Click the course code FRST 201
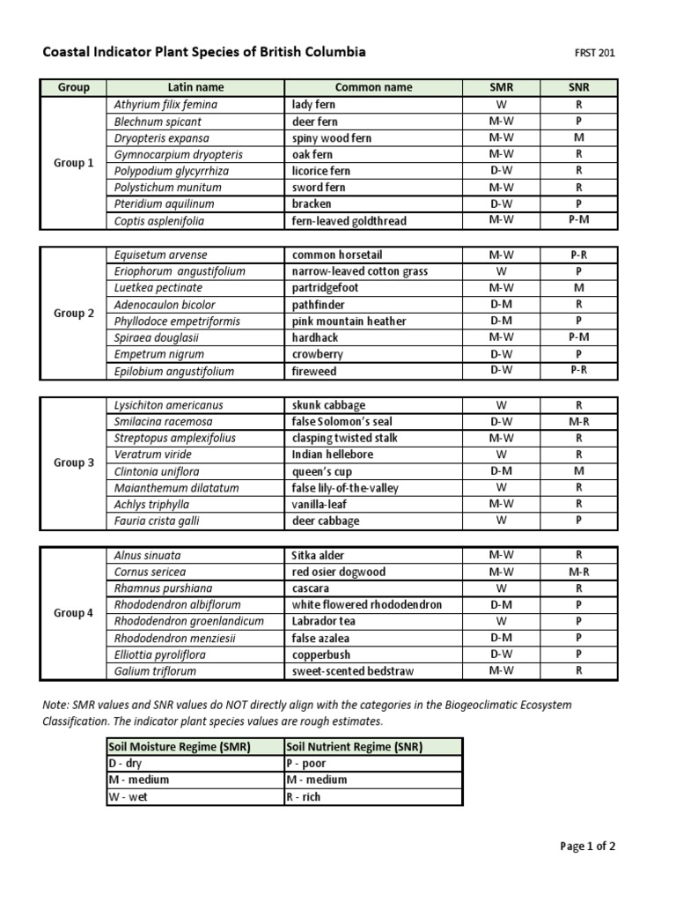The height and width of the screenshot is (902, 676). coord(594,53)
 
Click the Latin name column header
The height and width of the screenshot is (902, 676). coord(195,88)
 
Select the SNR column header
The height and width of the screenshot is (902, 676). coord(578,88)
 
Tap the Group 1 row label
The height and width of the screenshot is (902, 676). coord(74,163)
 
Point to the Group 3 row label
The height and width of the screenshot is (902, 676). coord(74,463)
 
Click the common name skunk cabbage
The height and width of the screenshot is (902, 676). coord(328,405)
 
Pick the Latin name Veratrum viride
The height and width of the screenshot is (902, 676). coord(151,455)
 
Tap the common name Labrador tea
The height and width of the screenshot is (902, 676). coord(325,622)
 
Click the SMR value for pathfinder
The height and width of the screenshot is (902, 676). coord(501,305)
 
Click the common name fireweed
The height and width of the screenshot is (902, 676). coord(313,372)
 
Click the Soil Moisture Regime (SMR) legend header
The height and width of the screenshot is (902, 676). coord(179,747)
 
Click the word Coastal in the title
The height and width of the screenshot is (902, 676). coord(66,52)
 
